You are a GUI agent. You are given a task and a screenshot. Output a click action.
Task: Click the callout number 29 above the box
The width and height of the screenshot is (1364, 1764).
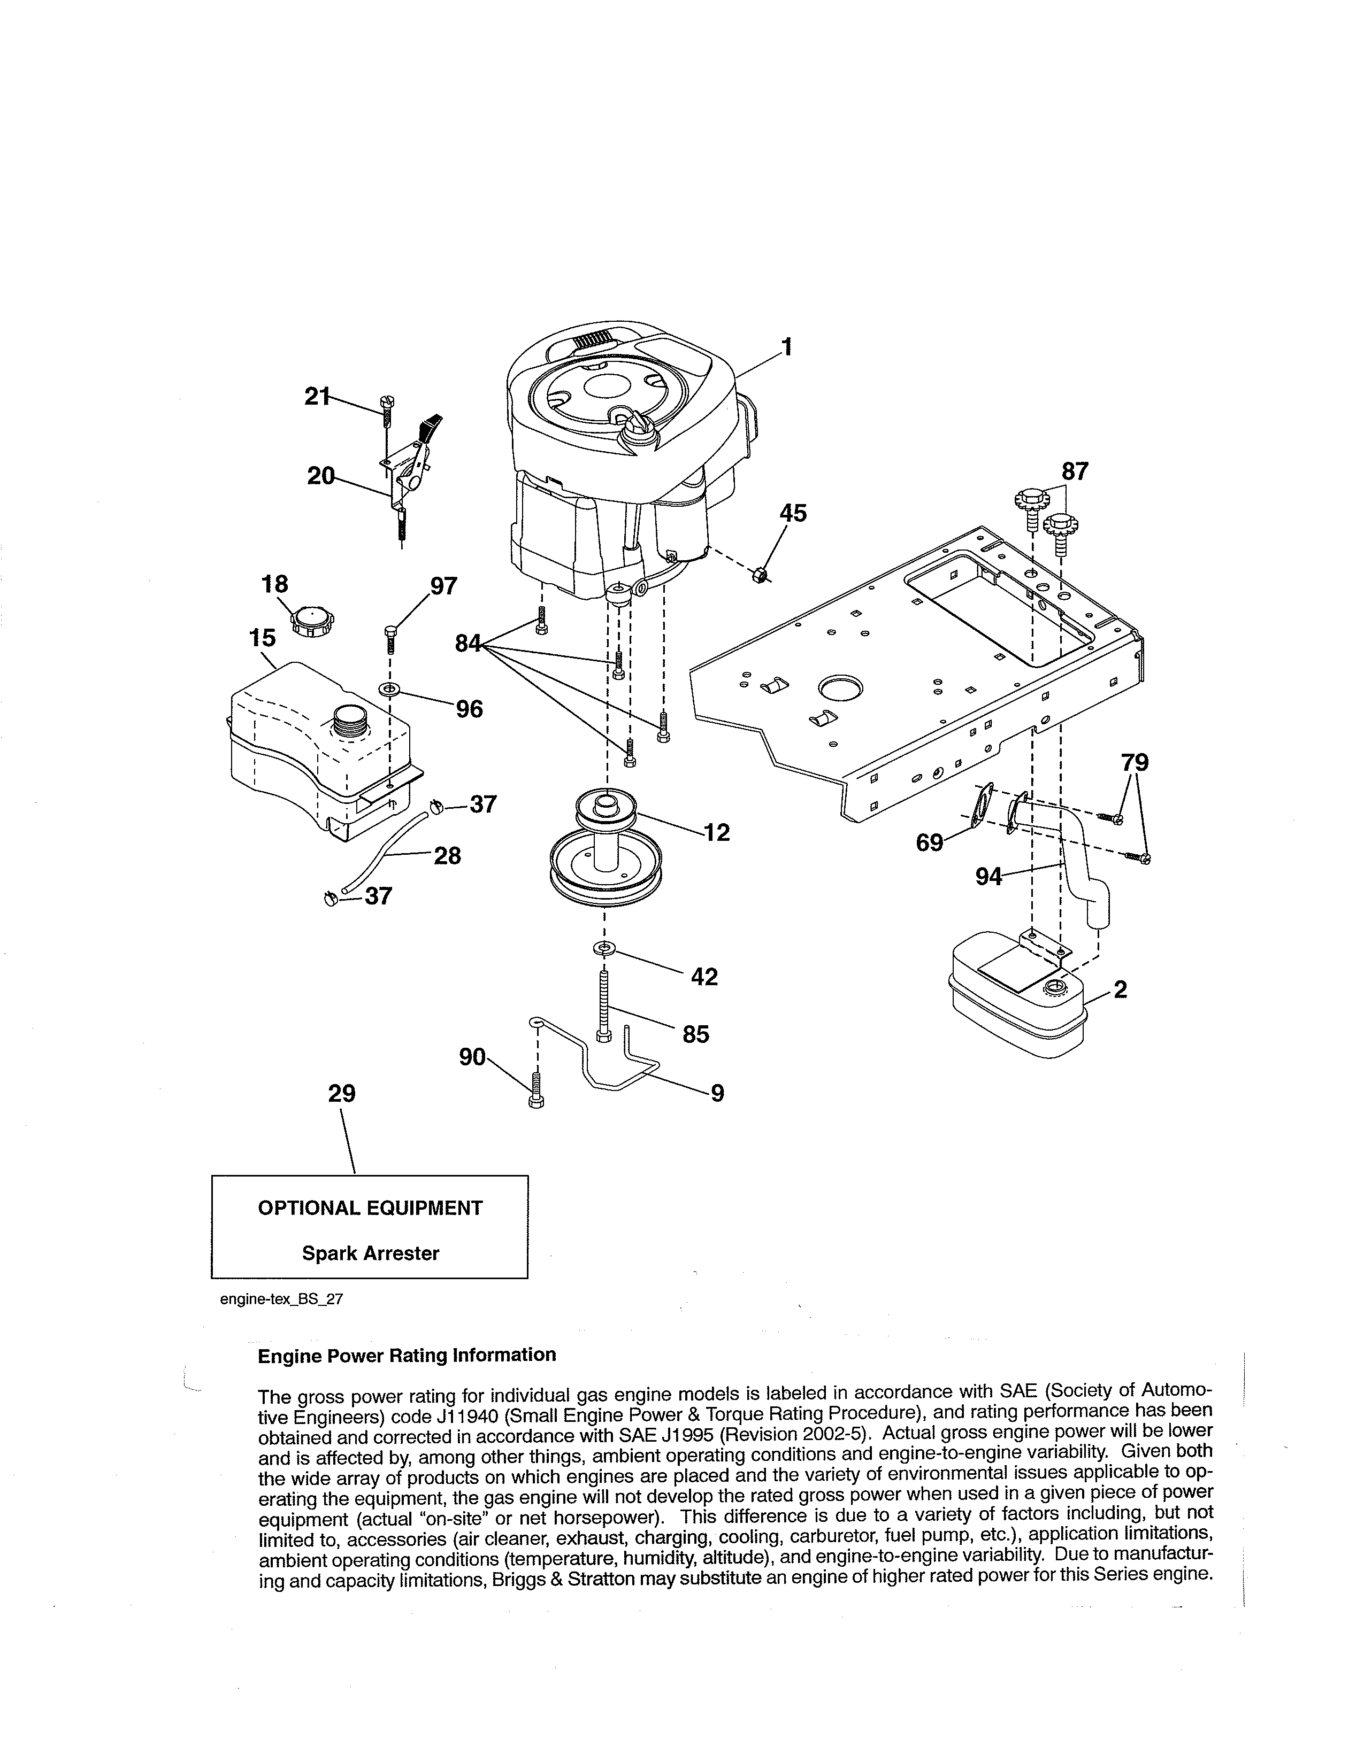(341, 1094)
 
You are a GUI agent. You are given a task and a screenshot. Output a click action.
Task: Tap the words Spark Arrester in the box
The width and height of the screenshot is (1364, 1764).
(370, 1254)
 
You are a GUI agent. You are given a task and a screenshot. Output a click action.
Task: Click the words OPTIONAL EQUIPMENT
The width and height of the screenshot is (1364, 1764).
(370, 1208)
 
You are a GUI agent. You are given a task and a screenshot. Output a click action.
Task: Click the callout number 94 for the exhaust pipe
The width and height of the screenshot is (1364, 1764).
(988, 876)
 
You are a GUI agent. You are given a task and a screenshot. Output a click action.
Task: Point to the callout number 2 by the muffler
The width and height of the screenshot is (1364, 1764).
(1120, 989)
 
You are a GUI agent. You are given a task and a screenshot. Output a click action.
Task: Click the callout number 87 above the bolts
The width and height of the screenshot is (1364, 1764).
(1075, 471)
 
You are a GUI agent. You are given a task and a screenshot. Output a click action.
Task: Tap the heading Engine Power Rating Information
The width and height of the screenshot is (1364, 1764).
(407, 1355)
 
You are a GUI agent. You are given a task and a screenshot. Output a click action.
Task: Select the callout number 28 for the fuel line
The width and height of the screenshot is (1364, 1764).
(447, 855)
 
